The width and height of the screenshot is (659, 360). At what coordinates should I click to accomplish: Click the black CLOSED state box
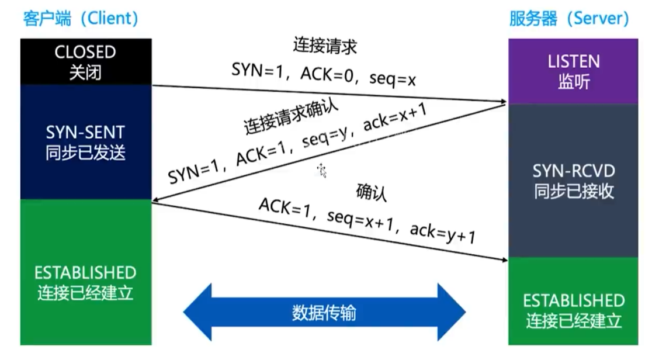85,61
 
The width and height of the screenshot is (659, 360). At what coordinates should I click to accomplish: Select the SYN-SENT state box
85,142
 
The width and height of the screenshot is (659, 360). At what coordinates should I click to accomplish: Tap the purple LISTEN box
573,71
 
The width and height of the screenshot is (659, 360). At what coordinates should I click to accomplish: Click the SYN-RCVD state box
573,181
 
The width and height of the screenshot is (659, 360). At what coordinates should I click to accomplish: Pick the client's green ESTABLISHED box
85,272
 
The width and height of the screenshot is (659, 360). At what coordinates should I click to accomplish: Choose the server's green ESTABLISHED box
573,301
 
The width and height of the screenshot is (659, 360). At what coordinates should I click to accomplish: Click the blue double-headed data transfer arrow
324,313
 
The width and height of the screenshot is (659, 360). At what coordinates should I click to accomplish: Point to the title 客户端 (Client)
81,18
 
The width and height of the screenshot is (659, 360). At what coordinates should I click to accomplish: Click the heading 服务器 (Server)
569,18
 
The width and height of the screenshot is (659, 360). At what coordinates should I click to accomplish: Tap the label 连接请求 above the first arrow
325,46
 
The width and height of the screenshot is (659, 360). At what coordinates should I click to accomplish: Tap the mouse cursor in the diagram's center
321,170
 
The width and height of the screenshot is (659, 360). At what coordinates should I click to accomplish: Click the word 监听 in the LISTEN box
573,82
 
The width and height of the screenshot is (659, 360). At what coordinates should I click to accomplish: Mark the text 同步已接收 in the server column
573,192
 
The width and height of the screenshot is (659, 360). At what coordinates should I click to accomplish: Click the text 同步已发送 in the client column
85,153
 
